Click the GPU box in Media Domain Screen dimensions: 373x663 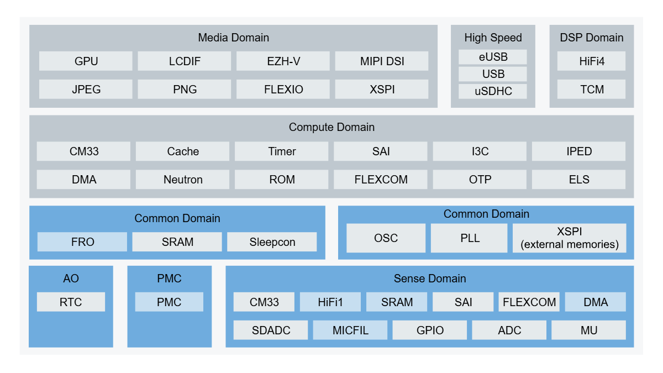(x=86, y=61)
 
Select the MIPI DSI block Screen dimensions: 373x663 (x=382, y=61)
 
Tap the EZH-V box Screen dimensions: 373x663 (x=283, y=61)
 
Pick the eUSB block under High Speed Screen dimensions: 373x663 (x=493, y=57)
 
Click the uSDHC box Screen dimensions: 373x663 (x=493, y=91)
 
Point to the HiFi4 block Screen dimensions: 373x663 (x=591, y=61)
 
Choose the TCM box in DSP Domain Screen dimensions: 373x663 (x=591, y=90)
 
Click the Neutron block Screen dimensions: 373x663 (x=183, y=180)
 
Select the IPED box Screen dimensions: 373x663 (x=578, y=151)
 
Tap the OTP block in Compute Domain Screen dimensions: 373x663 (x=480, y=180)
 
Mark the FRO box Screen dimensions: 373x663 (x=82, y=242)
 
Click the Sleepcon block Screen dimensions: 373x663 (x=272, y=242)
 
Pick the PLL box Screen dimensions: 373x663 (x=469, y=238)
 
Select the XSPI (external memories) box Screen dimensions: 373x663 (x=570, y=238)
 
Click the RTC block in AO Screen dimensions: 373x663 (x=71, y=302)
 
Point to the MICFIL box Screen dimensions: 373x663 (x=350, y=330)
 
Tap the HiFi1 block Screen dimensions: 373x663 (x=330, y=302)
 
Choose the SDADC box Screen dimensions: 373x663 (x=271, y=330)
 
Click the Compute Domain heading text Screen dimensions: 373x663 (x=331, y=127)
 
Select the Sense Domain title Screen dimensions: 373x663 (x=430, y=279)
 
